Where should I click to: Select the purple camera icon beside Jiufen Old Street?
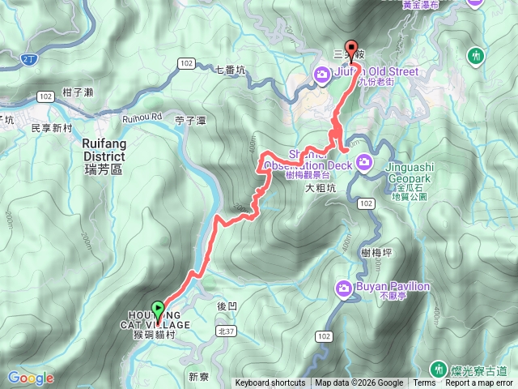point(322,76)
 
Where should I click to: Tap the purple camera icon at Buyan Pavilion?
point(344,288)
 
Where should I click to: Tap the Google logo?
point(31,378)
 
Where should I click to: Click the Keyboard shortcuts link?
point(270,383)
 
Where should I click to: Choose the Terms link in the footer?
point(424,383)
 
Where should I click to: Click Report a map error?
point(481,383)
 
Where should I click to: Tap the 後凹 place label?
point(227,306)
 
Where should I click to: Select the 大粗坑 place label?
point(320,189)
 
